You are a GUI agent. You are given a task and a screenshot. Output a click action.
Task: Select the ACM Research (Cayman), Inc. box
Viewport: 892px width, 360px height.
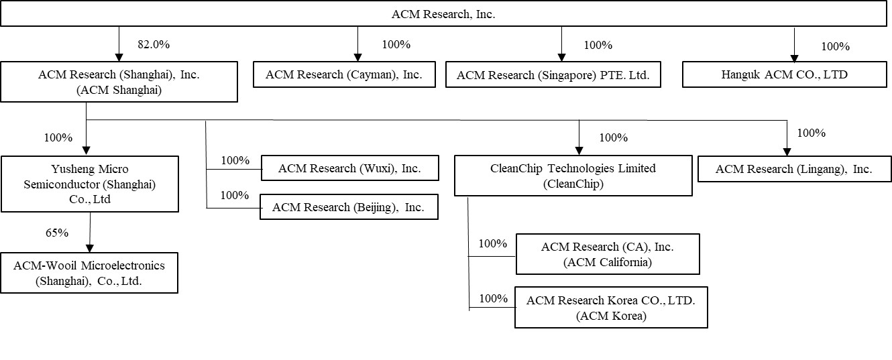tap(344, 74)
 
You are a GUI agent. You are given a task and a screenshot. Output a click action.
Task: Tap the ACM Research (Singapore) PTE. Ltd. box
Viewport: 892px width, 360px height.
tap(553, 74)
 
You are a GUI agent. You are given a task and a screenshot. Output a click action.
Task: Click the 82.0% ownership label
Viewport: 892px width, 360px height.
tap(154, 45)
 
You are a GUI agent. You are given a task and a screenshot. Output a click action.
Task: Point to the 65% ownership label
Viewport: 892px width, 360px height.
tap(57, 233)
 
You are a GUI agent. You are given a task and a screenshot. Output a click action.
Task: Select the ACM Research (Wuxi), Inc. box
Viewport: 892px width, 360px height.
tap(349, 168)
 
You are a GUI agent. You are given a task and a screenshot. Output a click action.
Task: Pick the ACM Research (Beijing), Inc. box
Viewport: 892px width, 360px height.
tap(349, 207)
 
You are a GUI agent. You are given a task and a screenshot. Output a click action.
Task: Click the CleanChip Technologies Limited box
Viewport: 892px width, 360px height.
tap(573, 176)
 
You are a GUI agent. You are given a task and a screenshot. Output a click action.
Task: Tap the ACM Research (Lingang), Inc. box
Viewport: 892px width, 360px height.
tap(794, 169)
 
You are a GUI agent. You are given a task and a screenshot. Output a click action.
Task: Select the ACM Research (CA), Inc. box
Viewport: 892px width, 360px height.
tap(607, 254)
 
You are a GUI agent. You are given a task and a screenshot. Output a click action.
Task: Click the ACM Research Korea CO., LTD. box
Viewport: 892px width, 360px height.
tap(610, 308)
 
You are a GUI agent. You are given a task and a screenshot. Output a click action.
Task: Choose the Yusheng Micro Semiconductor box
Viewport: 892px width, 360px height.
tap(90, 184)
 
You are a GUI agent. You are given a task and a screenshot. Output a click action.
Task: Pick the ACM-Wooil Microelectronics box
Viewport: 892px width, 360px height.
tap(89, 273)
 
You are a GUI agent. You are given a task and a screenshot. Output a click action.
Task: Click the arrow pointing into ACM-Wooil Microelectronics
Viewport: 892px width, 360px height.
tap(89, 247)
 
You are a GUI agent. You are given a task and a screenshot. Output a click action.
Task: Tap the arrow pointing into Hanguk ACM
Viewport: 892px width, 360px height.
tap(795, 57)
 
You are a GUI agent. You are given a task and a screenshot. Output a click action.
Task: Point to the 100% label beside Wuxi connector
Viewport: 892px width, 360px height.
tap(235, 160)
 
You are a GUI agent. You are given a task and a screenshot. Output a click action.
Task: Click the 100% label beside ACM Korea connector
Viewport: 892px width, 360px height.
tap(493, 298)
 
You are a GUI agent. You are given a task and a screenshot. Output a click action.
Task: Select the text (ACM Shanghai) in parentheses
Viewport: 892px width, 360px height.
tap(119, 91)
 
